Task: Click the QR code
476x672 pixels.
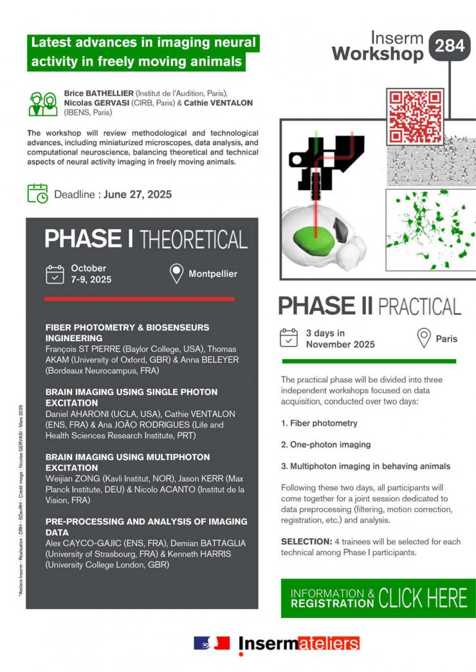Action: tap(415, 116)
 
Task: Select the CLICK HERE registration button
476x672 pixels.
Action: tap(378, 598)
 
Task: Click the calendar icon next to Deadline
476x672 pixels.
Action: tap(37, 193)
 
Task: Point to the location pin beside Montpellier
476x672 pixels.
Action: tap(176, 274)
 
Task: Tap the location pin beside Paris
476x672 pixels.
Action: tap(423, 338)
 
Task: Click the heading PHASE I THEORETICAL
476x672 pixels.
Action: tap(146, 239)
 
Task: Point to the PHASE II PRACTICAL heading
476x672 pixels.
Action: tap(370, 306)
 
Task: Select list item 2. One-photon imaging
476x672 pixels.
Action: tap(325, 445)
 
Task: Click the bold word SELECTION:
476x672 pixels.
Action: tap(306, 542)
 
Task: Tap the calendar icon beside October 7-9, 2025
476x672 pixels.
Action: tap(55, 274)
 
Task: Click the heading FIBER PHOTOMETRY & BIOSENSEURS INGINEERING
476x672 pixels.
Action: tap(127, 332)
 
